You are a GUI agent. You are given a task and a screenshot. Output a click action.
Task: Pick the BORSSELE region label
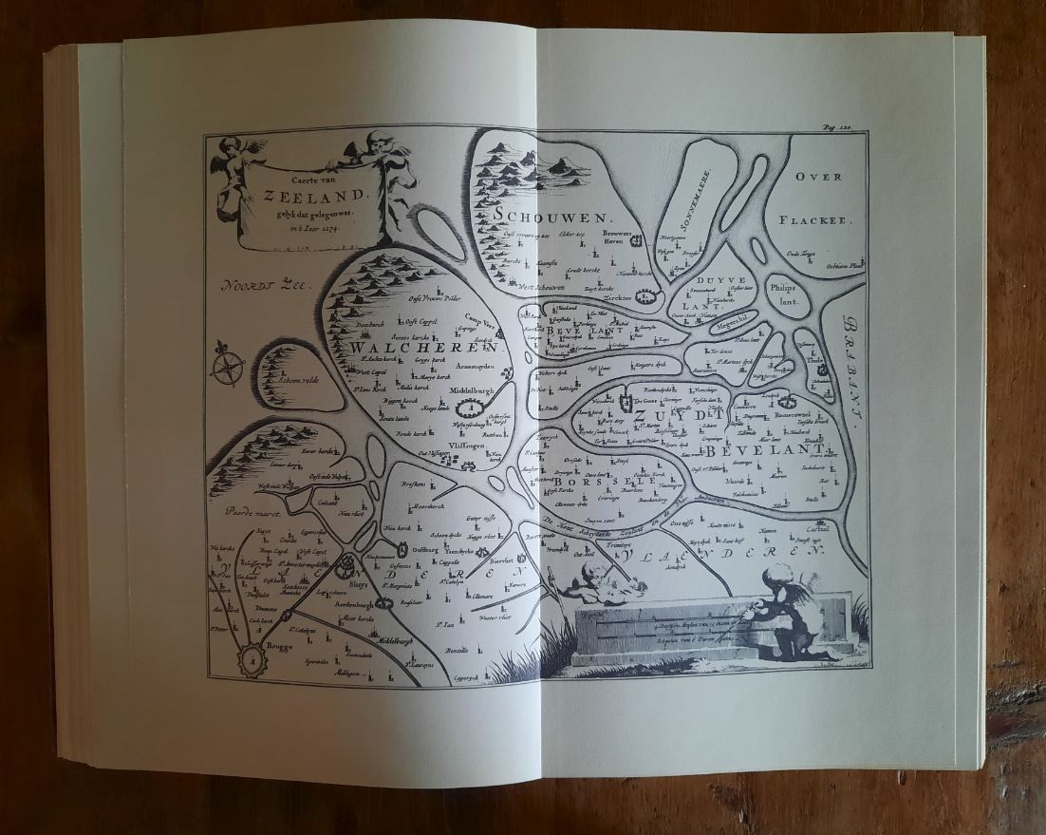pyautogui.click(x=585, y=482)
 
